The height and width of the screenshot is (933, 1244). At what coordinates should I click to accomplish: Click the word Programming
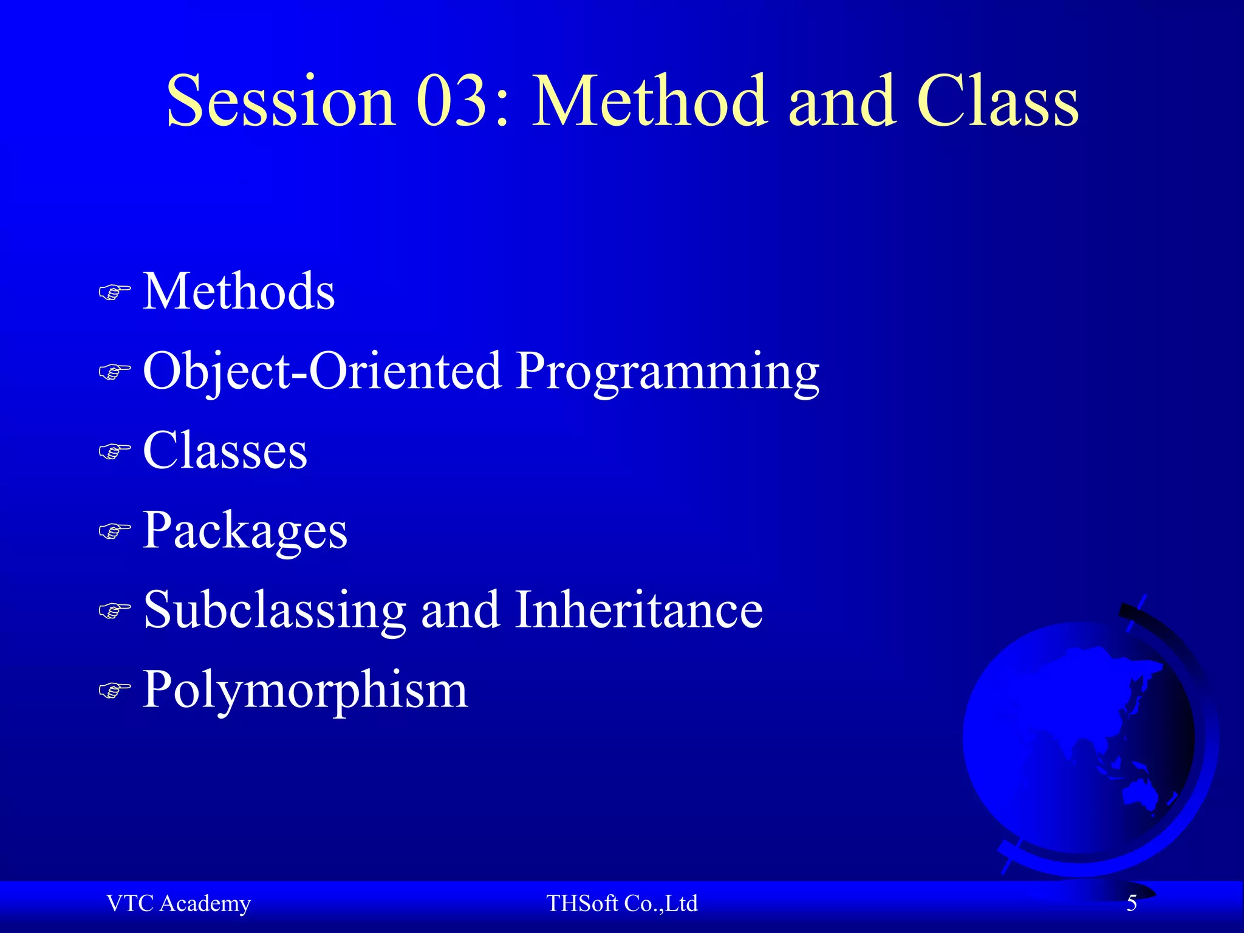tap(668, 372)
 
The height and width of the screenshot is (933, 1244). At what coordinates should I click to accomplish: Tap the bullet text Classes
tap(225, 451)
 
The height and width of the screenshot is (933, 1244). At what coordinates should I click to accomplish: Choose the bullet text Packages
tap(245, 531)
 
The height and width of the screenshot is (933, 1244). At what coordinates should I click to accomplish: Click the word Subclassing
tap(275, 610)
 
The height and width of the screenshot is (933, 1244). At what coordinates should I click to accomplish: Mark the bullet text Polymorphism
tap(305, 690)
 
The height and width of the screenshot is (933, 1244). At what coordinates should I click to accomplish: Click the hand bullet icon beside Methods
tap(114, 293)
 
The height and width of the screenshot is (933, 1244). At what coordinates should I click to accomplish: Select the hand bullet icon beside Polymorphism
tap(114, 691)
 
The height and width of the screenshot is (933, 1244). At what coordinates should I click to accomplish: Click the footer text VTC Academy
tap(178, 904)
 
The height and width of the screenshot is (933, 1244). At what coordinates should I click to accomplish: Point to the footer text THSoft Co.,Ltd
tap(621, 904)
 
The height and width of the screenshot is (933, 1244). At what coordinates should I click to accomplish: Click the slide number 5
tap(1132, 904)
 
